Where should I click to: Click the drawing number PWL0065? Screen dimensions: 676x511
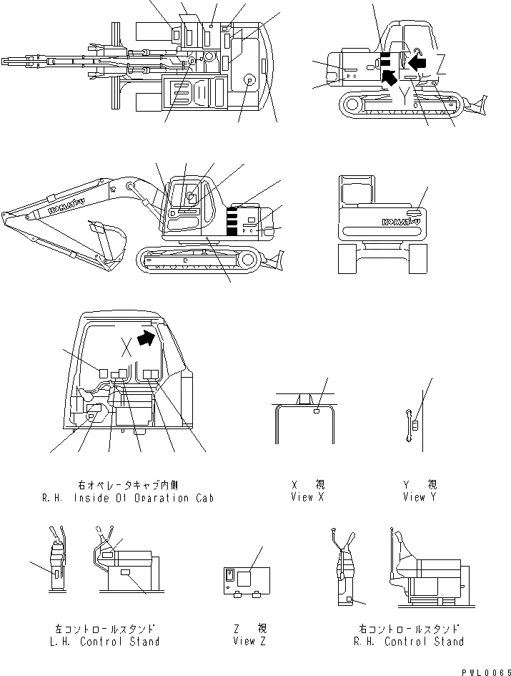pyautogui.click(x=483, y=669)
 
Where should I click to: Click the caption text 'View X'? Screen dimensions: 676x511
pyautogui.click(x=307, y=496)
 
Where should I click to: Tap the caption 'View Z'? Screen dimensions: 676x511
pyautogui.click(x=249, y=641)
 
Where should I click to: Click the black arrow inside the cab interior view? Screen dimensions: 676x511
pyautogui.click(x=146, y=338)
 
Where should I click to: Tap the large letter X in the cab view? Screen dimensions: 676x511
pyautogui.click(x=126, y=348)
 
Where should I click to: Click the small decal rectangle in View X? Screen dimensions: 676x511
pyautogui.click(x=317, y=411)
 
